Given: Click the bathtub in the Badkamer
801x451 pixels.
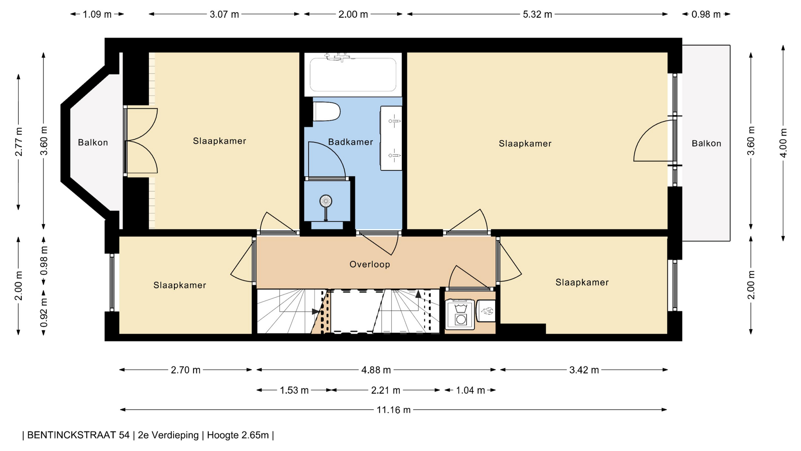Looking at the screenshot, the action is coord(353,74).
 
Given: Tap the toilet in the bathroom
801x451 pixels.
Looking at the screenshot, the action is coord(327,111).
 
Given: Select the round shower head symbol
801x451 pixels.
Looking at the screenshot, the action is coord(326,201).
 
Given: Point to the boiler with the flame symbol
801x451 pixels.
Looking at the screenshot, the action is coord(486,311).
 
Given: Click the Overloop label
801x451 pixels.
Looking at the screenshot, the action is coord(370,264).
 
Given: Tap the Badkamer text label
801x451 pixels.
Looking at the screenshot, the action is coord(350,142).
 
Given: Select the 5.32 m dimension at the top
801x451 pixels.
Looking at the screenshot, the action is coord(537,14).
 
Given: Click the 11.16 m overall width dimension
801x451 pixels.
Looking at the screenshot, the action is coord(393,410).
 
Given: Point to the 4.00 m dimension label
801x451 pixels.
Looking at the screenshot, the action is coord(783,143).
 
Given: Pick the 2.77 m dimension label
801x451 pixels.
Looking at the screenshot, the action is coord(19,142).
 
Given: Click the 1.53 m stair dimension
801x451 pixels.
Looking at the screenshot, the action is coord(294,390).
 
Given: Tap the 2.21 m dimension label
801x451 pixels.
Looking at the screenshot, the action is coord(385,390).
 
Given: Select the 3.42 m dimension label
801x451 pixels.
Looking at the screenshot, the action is coord(584,370).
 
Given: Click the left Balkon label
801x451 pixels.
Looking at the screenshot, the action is coord(93,142).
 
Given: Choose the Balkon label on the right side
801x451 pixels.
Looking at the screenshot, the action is coord(706,143).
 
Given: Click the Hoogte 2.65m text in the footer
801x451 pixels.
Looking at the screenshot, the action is coord(238,435).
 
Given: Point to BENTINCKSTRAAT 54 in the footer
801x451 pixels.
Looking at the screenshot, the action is coord(78,435).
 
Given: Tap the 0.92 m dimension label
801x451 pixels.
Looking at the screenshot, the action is coord(44,313).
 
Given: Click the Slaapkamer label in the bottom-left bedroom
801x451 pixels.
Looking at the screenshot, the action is coord(180,285).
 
